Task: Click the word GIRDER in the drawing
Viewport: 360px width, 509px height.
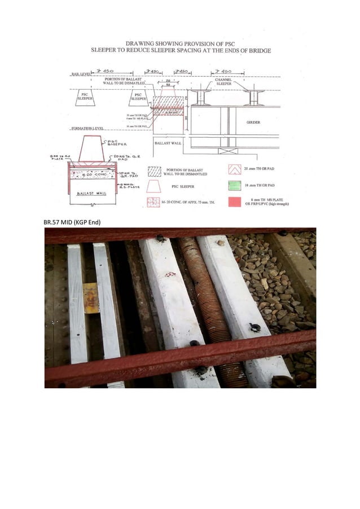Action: tap(254, 122)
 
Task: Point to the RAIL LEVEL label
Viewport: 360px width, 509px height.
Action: tap(81, 74)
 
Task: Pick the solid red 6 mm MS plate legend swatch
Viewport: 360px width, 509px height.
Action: tap(235, 202)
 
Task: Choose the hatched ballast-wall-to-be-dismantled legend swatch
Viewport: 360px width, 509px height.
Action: tap(154, 172)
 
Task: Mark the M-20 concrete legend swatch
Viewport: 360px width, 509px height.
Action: tap(154, 201)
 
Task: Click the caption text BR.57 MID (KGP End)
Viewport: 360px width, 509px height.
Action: tap(72, 222)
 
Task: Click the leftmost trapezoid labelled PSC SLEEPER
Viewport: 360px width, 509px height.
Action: tap(85, 98)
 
